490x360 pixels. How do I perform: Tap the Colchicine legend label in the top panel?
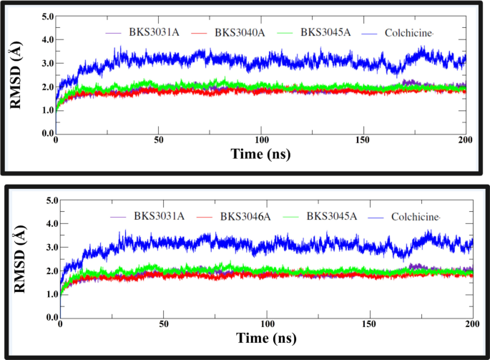click(404, 33)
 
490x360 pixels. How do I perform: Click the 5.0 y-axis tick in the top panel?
click(44, 16)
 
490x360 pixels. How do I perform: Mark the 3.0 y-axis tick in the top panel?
click(44, 63)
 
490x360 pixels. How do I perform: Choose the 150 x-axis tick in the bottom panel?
click(370, 324)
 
